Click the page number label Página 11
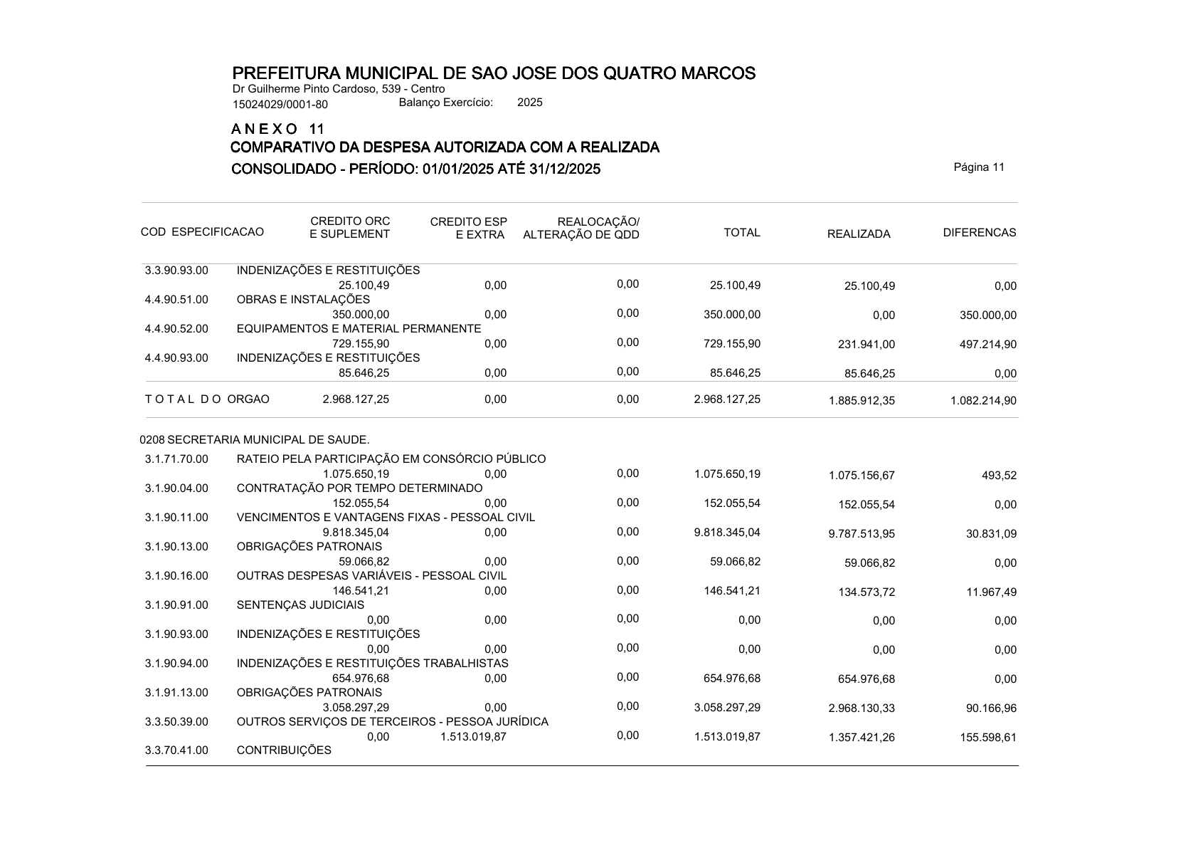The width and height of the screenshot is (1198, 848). pyautogui.click(x=979, y=167)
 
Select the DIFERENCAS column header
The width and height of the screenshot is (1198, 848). pyautogui.click(x=979, y=233)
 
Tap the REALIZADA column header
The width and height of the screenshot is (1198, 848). pyautogui.click(x=858, y=234)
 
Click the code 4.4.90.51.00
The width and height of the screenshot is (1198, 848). pyautogui.click(x=176, y=300)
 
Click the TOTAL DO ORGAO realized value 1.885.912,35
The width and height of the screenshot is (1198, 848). pyautogui.click(x=862, y=401)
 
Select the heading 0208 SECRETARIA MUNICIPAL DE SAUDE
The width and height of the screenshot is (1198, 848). pyautogui.click(x=255, y=440)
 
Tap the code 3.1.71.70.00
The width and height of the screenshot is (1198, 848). pyautogui.click(x=176, y=459)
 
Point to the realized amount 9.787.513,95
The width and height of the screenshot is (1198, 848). pyautogui.click(x=862, y=534)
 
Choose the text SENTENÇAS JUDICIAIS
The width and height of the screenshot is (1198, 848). pyautogui.click(x=300, y=605)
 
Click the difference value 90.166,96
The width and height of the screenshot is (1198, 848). pyautogui.click(x=991, y=708)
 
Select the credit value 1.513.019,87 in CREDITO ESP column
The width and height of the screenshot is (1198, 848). pyautogui.click(x=473, y=737)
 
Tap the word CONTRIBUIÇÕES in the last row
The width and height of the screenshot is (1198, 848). pyautogui.click(x=284, y=750)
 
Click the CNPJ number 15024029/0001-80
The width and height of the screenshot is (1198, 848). pyautogui.click(x=280, y=105)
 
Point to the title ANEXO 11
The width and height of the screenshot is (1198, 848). pyautogui.click(x=278, y=130)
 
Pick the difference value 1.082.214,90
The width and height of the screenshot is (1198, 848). pyautogui.click(x=983, y=401)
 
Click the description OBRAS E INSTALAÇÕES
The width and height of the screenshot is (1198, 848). pyautogui.click(x=303, y=300)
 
